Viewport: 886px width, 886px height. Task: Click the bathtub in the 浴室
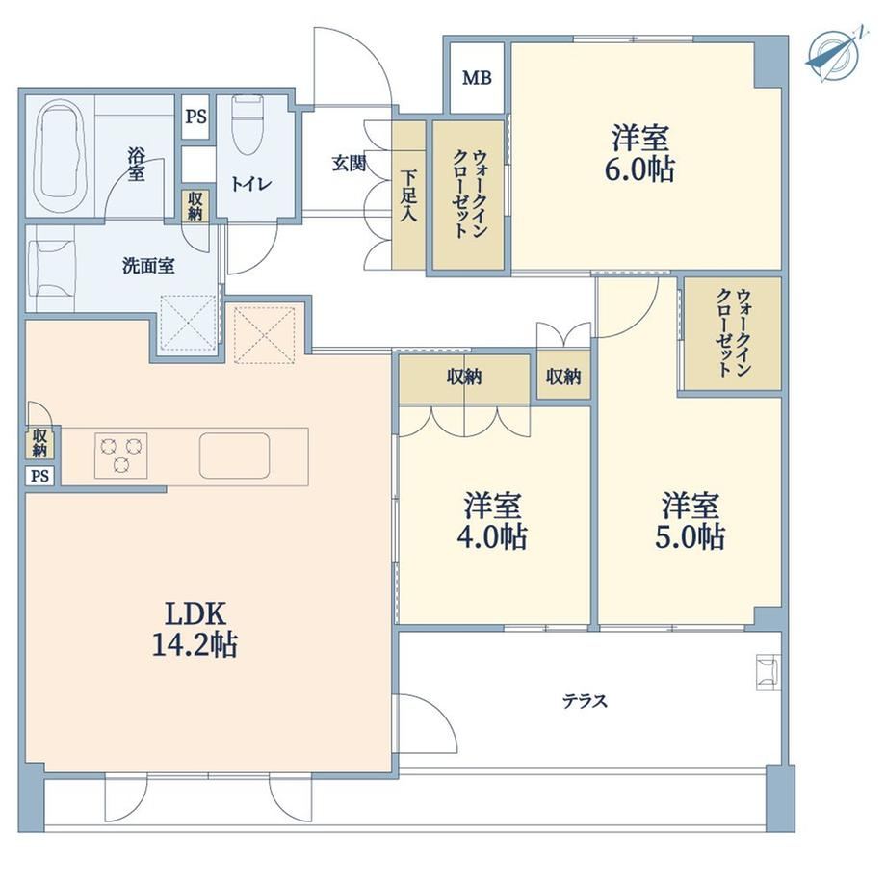(61, 157)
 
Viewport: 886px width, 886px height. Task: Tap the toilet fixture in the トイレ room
(248, 125)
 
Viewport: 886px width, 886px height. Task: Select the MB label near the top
(477, 78)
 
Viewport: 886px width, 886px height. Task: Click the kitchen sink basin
(234, 456)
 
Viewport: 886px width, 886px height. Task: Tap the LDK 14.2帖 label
(195, 628)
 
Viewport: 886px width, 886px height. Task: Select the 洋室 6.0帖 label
(639, 154)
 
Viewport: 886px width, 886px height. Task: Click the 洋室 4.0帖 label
(492, 521)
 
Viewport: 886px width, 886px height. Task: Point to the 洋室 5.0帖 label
(690, 521)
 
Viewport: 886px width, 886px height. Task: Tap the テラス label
(585, 701)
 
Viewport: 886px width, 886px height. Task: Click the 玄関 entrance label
(349, 164)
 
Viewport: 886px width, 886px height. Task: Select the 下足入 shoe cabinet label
(408, 195)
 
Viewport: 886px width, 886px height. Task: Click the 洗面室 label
(148, 266)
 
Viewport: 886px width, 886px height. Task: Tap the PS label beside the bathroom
(196, 117)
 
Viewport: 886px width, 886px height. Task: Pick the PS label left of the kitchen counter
(39, 476)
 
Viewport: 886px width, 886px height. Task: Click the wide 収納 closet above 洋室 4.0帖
(464, 377)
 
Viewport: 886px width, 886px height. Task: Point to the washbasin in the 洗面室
(52, 268)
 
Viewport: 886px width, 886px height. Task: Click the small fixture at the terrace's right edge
(769, 672)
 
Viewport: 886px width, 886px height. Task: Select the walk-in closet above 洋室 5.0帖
(733, 333)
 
